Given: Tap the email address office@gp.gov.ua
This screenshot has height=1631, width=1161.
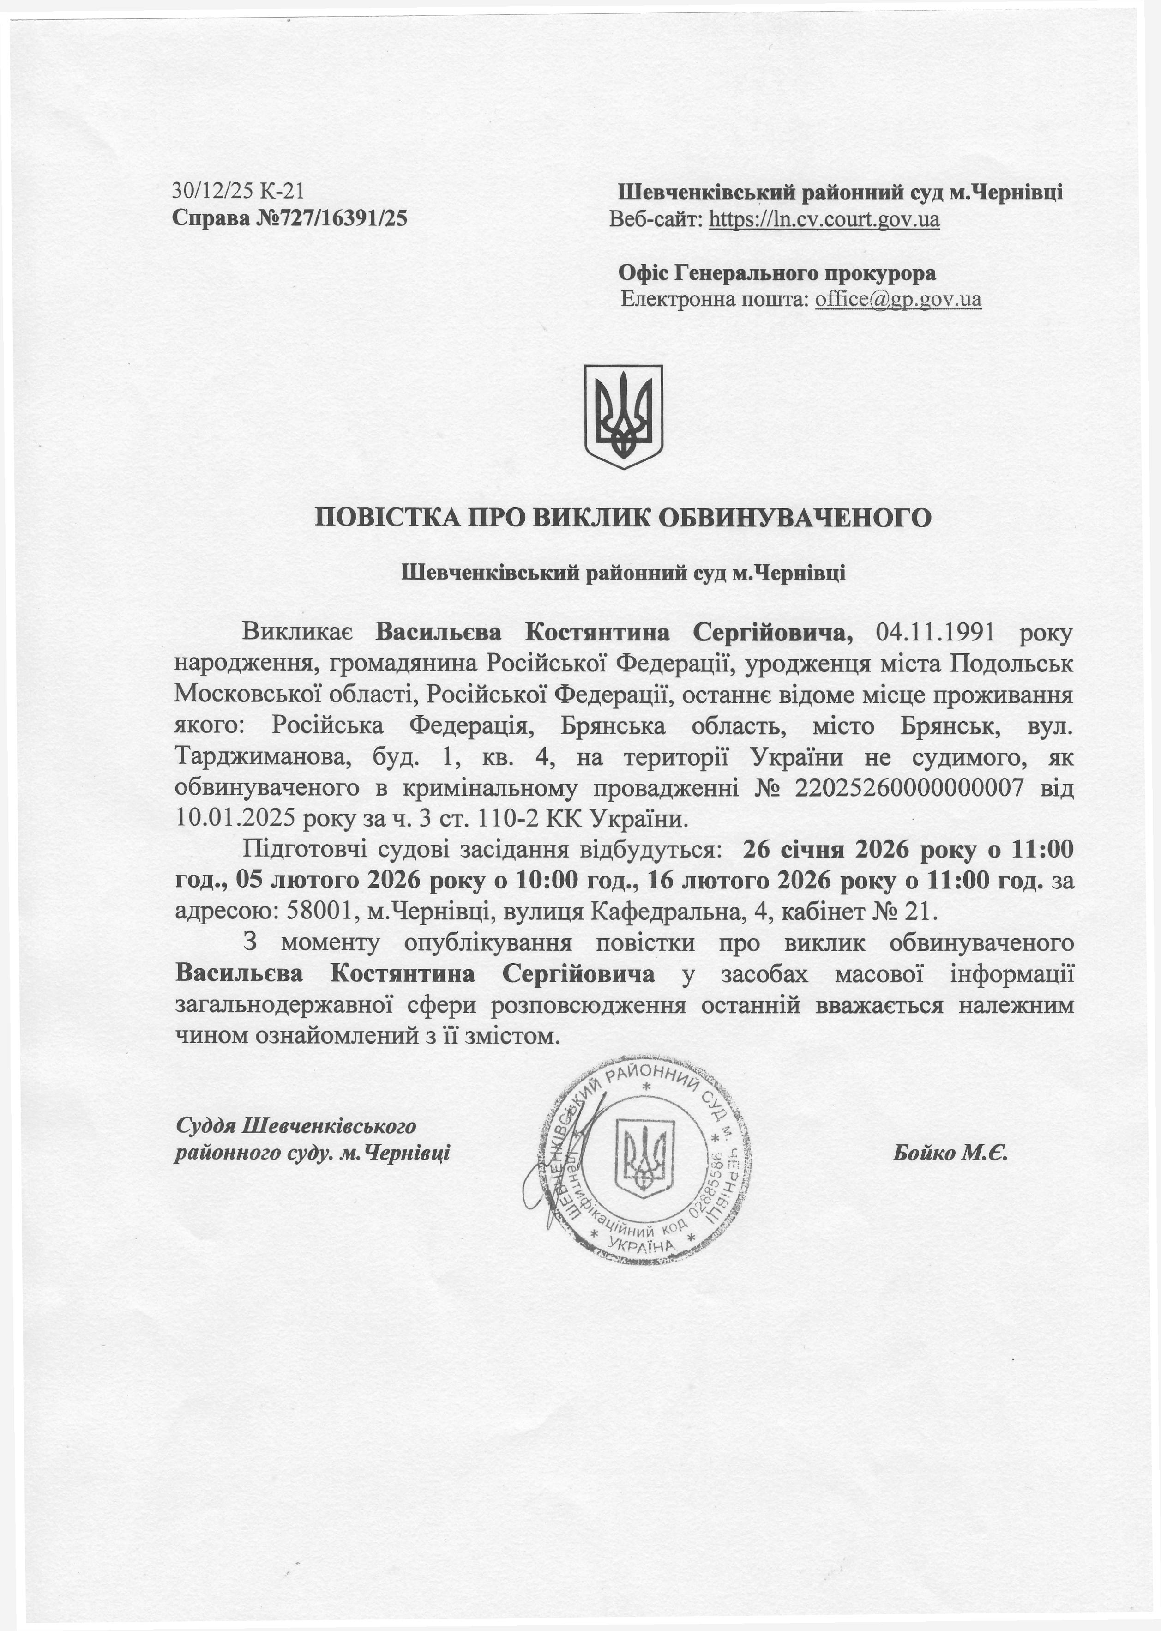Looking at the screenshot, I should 898,298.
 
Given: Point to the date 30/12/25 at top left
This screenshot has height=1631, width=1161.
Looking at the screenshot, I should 212,191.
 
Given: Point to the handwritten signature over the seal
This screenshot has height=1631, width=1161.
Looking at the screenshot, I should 565,1172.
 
